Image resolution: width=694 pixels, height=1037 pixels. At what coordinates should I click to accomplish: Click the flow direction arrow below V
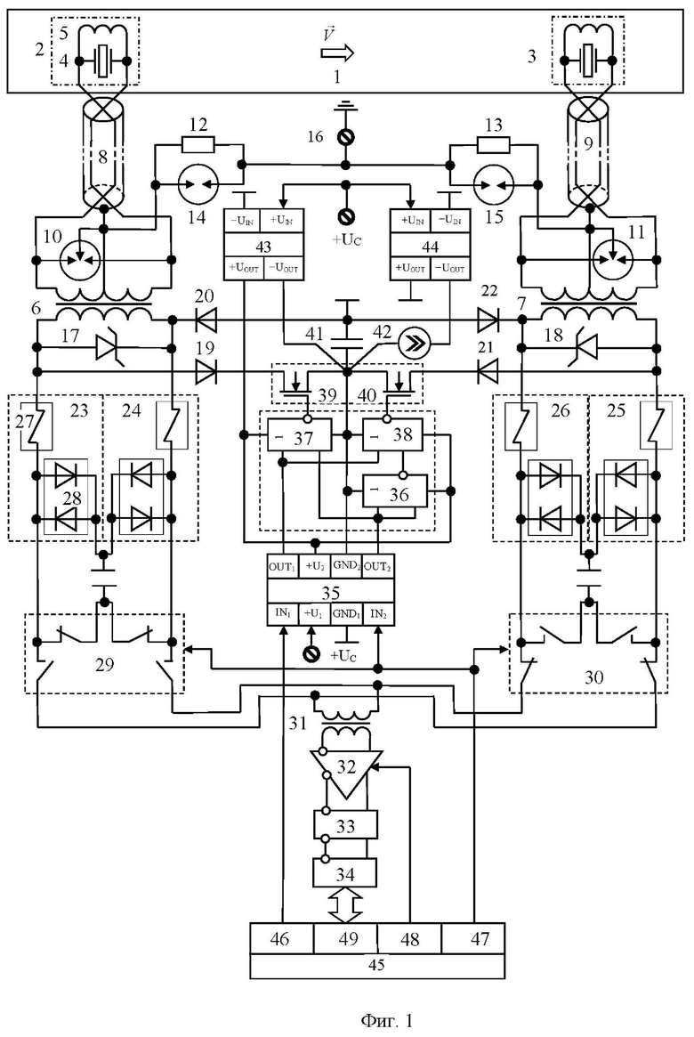click(x=337, y=53)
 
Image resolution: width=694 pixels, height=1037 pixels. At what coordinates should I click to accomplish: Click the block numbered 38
click(x=392, y=434)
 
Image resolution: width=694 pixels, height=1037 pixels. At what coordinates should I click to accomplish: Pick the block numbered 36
click(x=394, y=491)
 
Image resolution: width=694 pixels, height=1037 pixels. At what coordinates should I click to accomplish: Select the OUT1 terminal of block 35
click(x=283, y=567)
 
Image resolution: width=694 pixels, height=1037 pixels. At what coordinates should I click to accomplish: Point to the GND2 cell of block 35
click(x=346, y=567)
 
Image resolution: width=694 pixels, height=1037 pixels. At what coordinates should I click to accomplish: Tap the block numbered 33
click(x=346, y=825)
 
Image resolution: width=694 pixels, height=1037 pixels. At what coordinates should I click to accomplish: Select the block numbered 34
click(x=344, y=873)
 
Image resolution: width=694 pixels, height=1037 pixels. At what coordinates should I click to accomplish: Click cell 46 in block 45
click(x=281, y=938)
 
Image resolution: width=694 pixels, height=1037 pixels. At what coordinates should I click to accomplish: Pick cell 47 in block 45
click(x=472, y=938)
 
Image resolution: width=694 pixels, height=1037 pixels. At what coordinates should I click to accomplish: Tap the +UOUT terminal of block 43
click(x=244, y=269)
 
